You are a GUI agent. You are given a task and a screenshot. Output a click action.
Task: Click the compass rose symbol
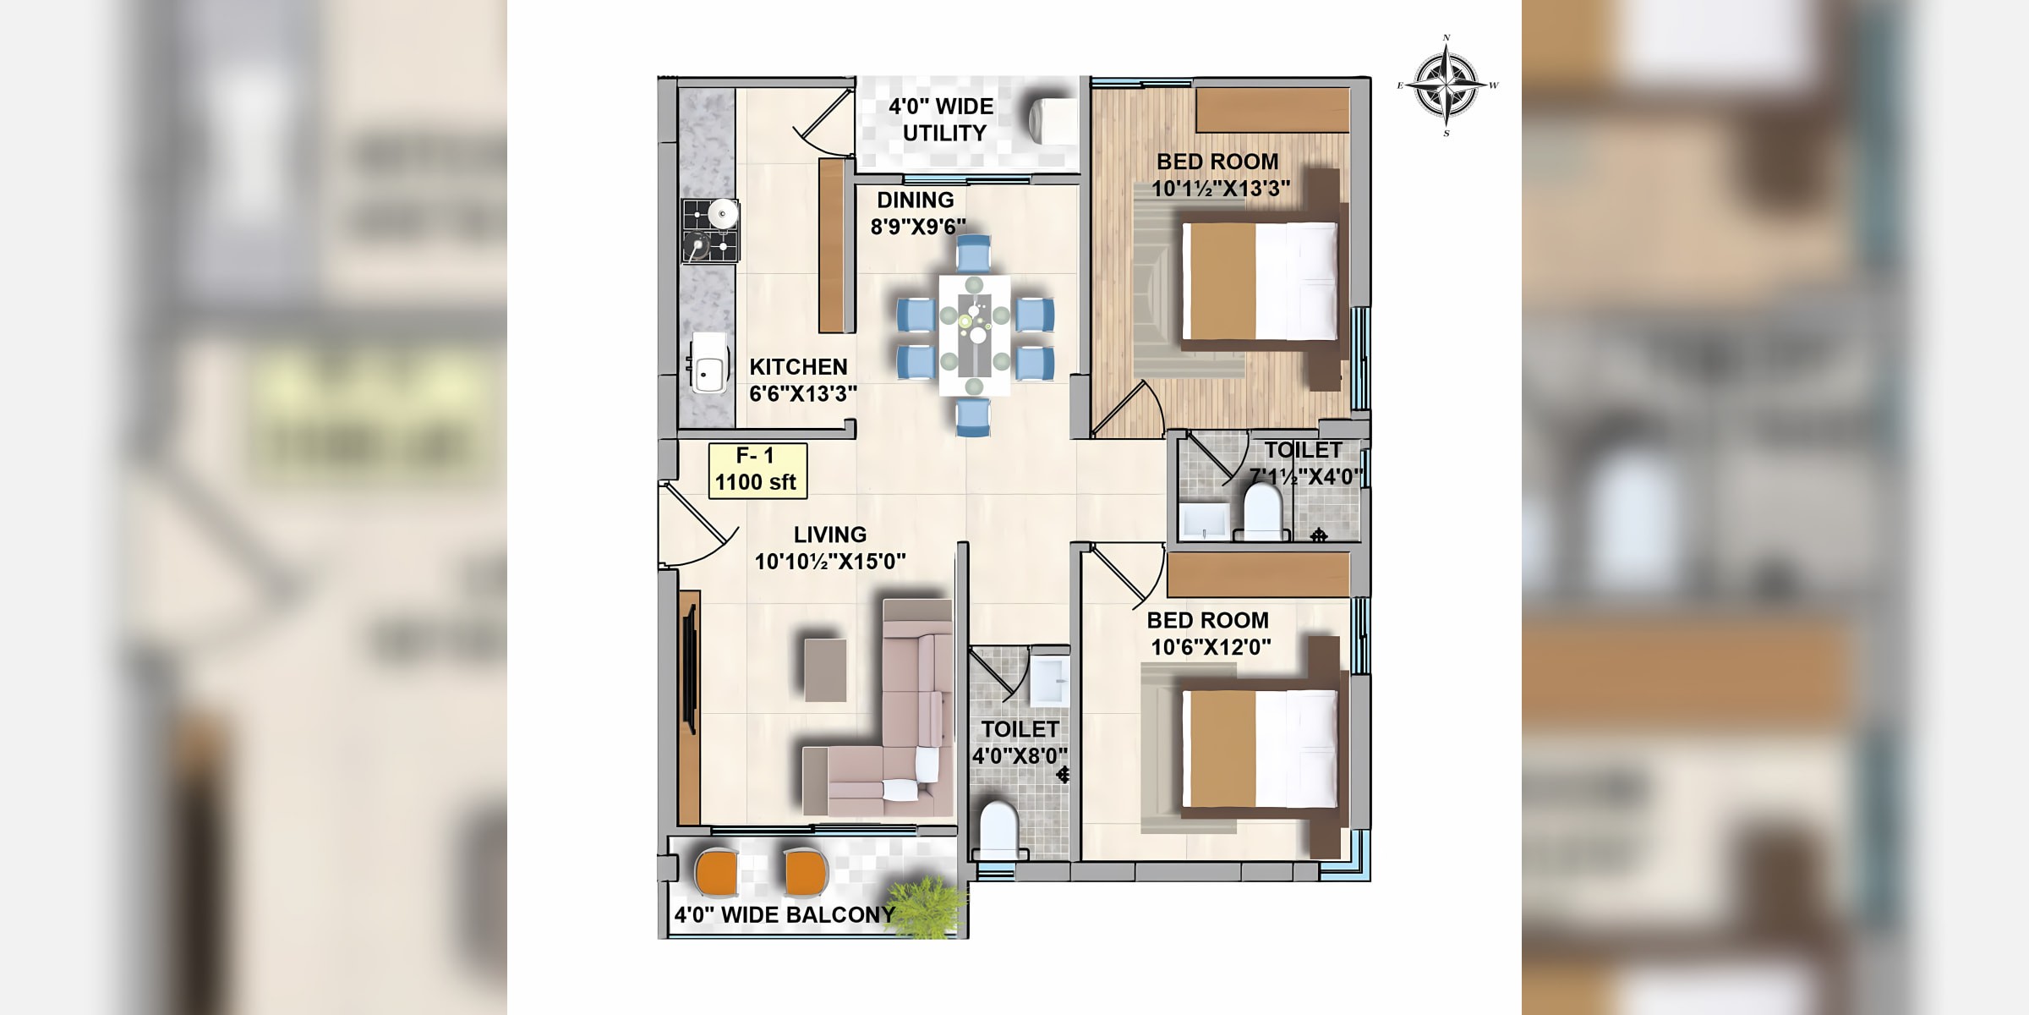pos(1447,85)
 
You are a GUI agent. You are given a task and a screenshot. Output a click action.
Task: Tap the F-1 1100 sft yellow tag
pos(757,470)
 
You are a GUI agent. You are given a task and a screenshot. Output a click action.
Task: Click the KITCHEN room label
pos(798,366)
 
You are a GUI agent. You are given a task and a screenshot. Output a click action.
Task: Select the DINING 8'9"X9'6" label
pos(918,213)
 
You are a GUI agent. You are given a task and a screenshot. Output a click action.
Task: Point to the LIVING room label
pos(830,535)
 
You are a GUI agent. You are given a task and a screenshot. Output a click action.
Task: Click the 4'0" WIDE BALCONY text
pos(785,915)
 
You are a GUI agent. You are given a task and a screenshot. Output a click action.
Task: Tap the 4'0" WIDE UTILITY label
pos(941,120)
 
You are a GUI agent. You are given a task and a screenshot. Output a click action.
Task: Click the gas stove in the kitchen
pos(710,231)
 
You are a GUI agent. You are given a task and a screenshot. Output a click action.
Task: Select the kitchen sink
pos(708,364)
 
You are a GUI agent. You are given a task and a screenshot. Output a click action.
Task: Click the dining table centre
pos(975,335)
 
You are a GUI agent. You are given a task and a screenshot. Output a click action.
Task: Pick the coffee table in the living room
pos(825,670)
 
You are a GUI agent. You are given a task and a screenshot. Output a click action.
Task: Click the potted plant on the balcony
pos(930,907)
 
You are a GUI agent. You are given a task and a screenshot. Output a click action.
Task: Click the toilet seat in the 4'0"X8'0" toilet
pos(998,830)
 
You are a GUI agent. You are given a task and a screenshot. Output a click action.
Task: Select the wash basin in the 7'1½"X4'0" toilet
pos(1205,521)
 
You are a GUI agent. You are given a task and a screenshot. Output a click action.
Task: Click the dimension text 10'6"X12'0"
pos(1211,647)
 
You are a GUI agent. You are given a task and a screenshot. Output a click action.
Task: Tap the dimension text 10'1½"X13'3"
pos(1221,188)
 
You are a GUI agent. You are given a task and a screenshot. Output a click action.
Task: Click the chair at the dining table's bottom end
pos(973,417)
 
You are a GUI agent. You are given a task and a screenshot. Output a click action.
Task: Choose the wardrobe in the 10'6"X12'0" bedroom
pos(1258,574)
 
